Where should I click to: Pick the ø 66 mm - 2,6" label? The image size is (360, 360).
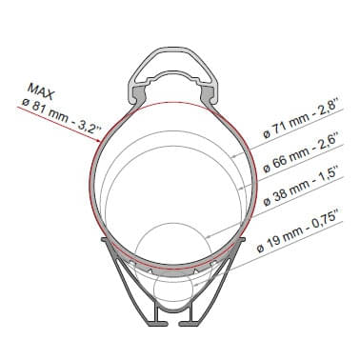303,154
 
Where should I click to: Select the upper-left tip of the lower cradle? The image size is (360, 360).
102,244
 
